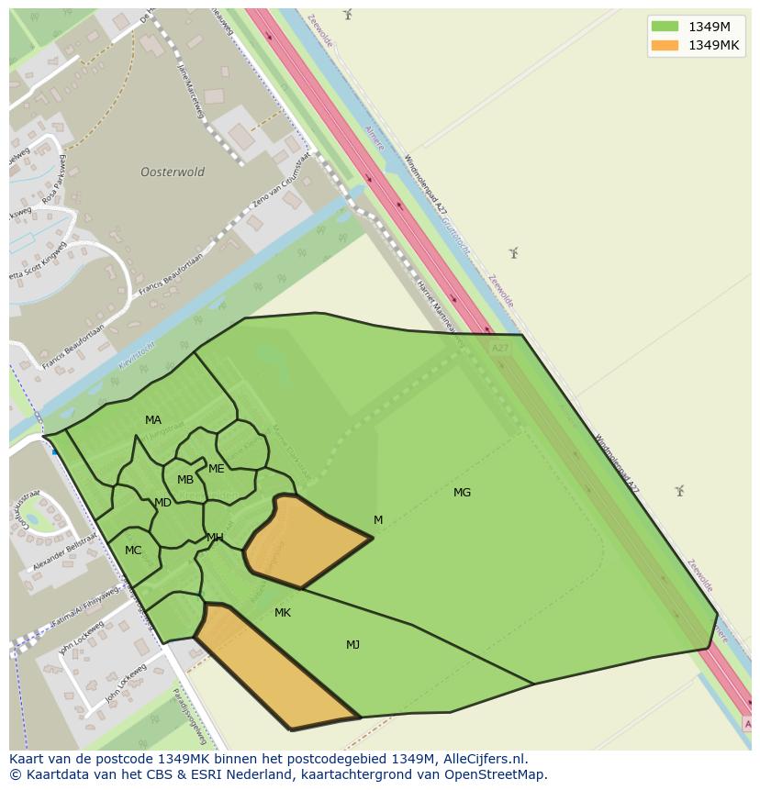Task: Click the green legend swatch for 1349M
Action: point(665,27)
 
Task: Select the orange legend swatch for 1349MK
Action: point(665,45)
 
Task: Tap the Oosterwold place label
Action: point(173,172)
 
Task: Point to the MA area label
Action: point(153,420)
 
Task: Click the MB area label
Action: point(185,480)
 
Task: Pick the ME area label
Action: point(217,469)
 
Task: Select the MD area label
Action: point(162,503)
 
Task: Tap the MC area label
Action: point(133,551)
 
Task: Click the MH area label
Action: point(215,538)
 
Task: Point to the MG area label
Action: point(462,493)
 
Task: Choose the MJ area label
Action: point(352,645)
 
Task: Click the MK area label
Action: point(283,612)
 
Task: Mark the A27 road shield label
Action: point(499,349)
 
